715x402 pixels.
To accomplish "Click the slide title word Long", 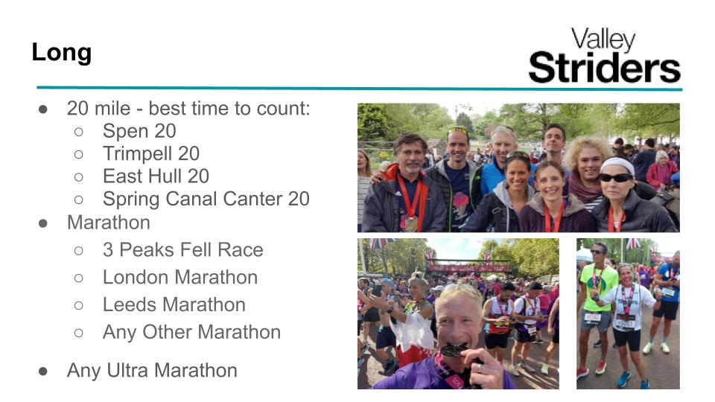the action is tap(62, 53).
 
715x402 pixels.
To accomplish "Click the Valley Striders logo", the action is tap(604, 55).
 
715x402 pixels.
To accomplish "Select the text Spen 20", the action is tap(139, 131).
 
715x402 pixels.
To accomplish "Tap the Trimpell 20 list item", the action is tap(151, 153).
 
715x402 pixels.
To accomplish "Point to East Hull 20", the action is tap(156, 176).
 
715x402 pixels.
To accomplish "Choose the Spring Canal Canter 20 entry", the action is tap(206, 199).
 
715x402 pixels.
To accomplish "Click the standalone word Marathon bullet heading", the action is tap(109, 223).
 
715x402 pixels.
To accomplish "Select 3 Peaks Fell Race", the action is tap(183, 250).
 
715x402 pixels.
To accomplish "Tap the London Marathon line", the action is tap(180, 277).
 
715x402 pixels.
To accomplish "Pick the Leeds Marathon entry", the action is tap(174, 304).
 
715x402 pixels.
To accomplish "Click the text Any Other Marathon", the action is tap(191, 332).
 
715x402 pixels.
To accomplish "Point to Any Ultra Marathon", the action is tap(152, 371).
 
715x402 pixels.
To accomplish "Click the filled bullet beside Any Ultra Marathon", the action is tap(43, 371).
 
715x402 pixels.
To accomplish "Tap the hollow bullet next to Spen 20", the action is tap(78, 132).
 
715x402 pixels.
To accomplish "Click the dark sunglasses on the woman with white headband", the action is tap(616, 178).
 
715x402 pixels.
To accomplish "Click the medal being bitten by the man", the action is tap(454, 350).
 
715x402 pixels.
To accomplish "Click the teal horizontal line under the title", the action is tap(359, 88).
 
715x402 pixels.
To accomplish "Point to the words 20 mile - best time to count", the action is tap(188, 109).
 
